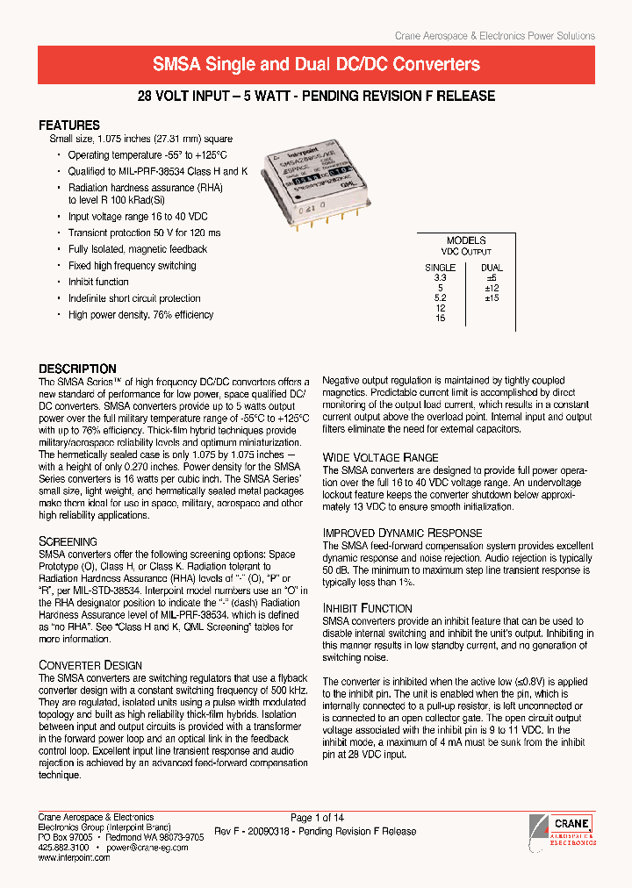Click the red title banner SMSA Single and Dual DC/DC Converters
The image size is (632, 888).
click(x=316, y=64)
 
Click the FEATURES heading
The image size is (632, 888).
click(x=69, y=125)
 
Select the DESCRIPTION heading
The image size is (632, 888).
click(x=77, y=369)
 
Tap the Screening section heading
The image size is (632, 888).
click(x=68, y=541)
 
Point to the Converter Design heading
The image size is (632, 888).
click(x=90, y=665)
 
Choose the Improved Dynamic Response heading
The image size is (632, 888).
click(x=402, y=533)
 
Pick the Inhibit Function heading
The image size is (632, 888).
click(x=367, y=608)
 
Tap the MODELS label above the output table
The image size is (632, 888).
click(x=465, y=240)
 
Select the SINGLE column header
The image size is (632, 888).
click(x=440, y=268)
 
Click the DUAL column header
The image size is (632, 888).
click(x=492, y=268)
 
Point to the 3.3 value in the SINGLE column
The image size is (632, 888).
click(x=440, y=277)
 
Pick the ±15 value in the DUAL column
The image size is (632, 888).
click(x=492, y=297)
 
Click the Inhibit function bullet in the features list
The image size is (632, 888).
click(x=98, y=282)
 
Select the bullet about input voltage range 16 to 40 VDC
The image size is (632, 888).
click(x=138, y=216)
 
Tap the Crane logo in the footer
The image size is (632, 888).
click(x=564, y=828)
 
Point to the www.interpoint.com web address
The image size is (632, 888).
click(x=74, y=858)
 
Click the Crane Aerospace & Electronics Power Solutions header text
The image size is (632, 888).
click(x=494, y=36)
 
